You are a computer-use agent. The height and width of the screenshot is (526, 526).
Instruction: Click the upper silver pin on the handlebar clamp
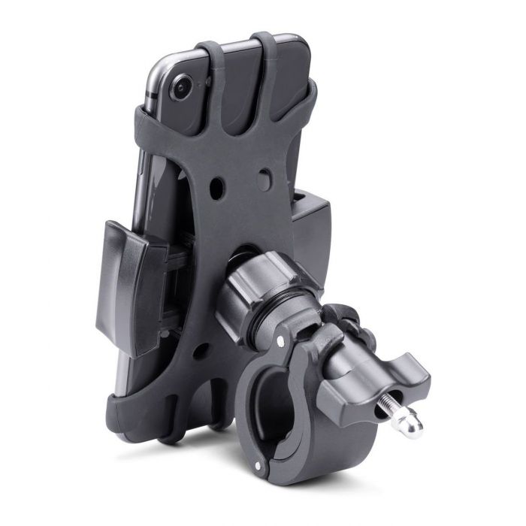click(280, 342)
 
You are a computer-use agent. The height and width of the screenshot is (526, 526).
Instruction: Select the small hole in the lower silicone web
click(198, 349)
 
